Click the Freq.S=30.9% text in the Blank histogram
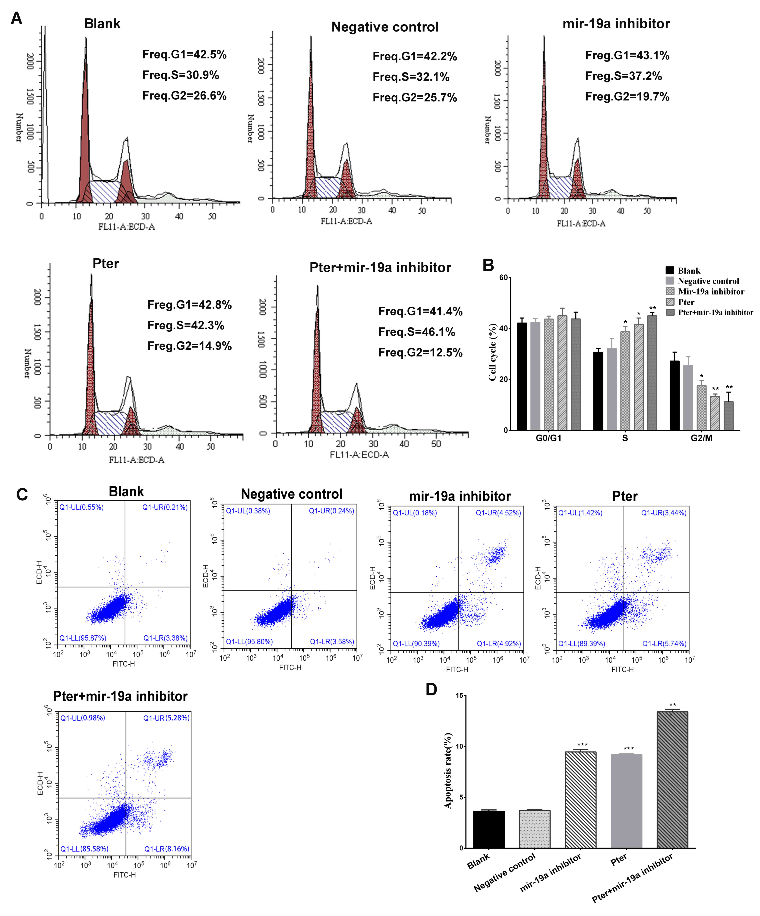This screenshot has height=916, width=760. coord(181,75)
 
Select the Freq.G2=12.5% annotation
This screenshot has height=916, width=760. coord(420,352)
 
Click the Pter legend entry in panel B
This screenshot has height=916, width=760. coord(686,302)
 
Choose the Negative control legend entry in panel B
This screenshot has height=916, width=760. coord(708,281)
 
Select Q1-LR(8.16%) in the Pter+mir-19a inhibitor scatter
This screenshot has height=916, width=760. coord(167,849)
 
